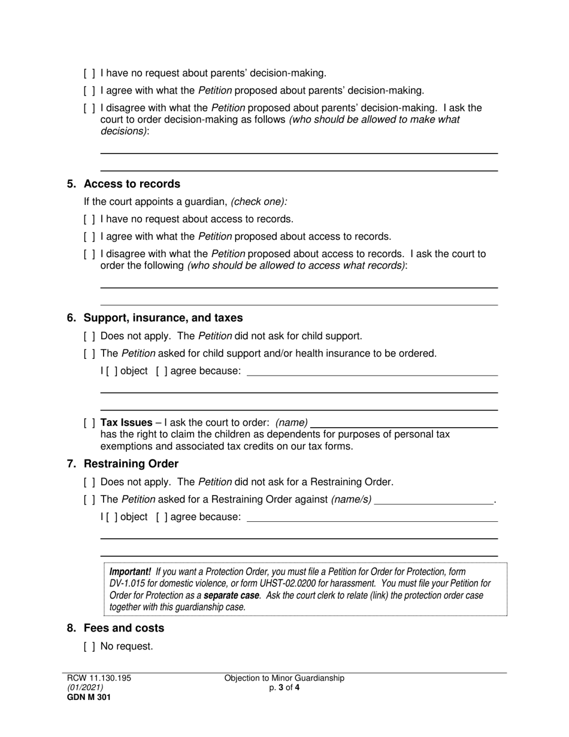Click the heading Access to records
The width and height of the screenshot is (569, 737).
point(132,184)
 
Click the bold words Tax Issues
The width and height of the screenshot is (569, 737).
point(126,422)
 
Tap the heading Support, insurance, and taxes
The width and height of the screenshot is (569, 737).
point(163,318)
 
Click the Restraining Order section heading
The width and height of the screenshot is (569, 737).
point(131,464)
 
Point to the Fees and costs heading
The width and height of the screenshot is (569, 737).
point(123,628)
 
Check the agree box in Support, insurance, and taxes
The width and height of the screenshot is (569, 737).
point(162,371)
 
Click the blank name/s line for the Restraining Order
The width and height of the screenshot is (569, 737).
point(434,500)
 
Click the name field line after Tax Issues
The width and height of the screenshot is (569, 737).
point(404,424)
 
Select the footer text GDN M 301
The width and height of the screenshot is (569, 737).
point(89,697)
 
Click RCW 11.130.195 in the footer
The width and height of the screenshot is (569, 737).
point(99,678)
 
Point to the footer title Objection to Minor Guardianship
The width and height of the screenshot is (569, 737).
point(284,678)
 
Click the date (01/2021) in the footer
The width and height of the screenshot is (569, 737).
point(85,688)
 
